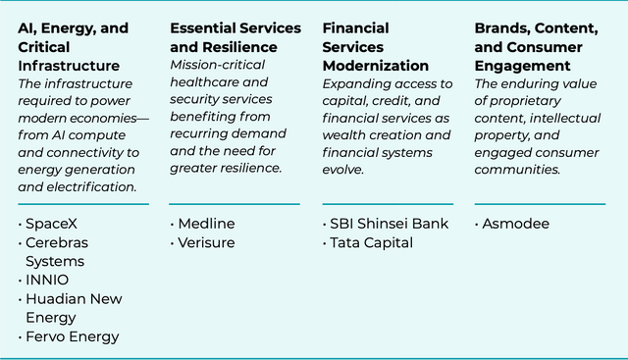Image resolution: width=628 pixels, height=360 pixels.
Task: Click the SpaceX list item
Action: pos(51,224)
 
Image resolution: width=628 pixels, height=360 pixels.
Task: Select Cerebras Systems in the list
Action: pos(57,252)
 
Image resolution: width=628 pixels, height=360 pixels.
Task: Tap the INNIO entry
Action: pos(47,280)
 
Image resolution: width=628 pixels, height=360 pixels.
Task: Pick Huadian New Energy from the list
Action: pos(74,308)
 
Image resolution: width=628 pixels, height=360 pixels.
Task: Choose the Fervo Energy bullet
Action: pos(72,336)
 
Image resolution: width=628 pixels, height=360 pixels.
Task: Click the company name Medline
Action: pos(206,224)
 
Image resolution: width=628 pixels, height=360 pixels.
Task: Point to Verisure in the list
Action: pos(206,242)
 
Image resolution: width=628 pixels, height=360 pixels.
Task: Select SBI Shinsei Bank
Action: pos(389,224)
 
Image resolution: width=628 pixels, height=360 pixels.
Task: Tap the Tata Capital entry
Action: pos(371,242)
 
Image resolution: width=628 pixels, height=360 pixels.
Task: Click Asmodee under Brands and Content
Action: pos(515,224)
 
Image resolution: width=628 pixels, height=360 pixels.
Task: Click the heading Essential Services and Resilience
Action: pos(235,37)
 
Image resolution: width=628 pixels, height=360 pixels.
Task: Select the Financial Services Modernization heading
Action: pos(375,46)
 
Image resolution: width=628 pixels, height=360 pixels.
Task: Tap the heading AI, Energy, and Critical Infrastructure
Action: pos(74,46)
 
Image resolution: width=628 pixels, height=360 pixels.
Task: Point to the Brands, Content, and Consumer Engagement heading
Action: pos(537,46)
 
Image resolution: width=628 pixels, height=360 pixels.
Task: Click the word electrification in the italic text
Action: pos(91,187)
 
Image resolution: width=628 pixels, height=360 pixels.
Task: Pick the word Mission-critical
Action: pos(218,65)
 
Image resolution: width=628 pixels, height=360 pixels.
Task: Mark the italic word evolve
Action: pos(343,170)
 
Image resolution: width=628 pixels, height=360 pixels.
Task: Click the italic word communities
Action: pos(517,170)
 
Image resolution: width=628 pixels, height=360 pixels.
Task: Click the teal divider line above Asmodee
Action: pos(540,204)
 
